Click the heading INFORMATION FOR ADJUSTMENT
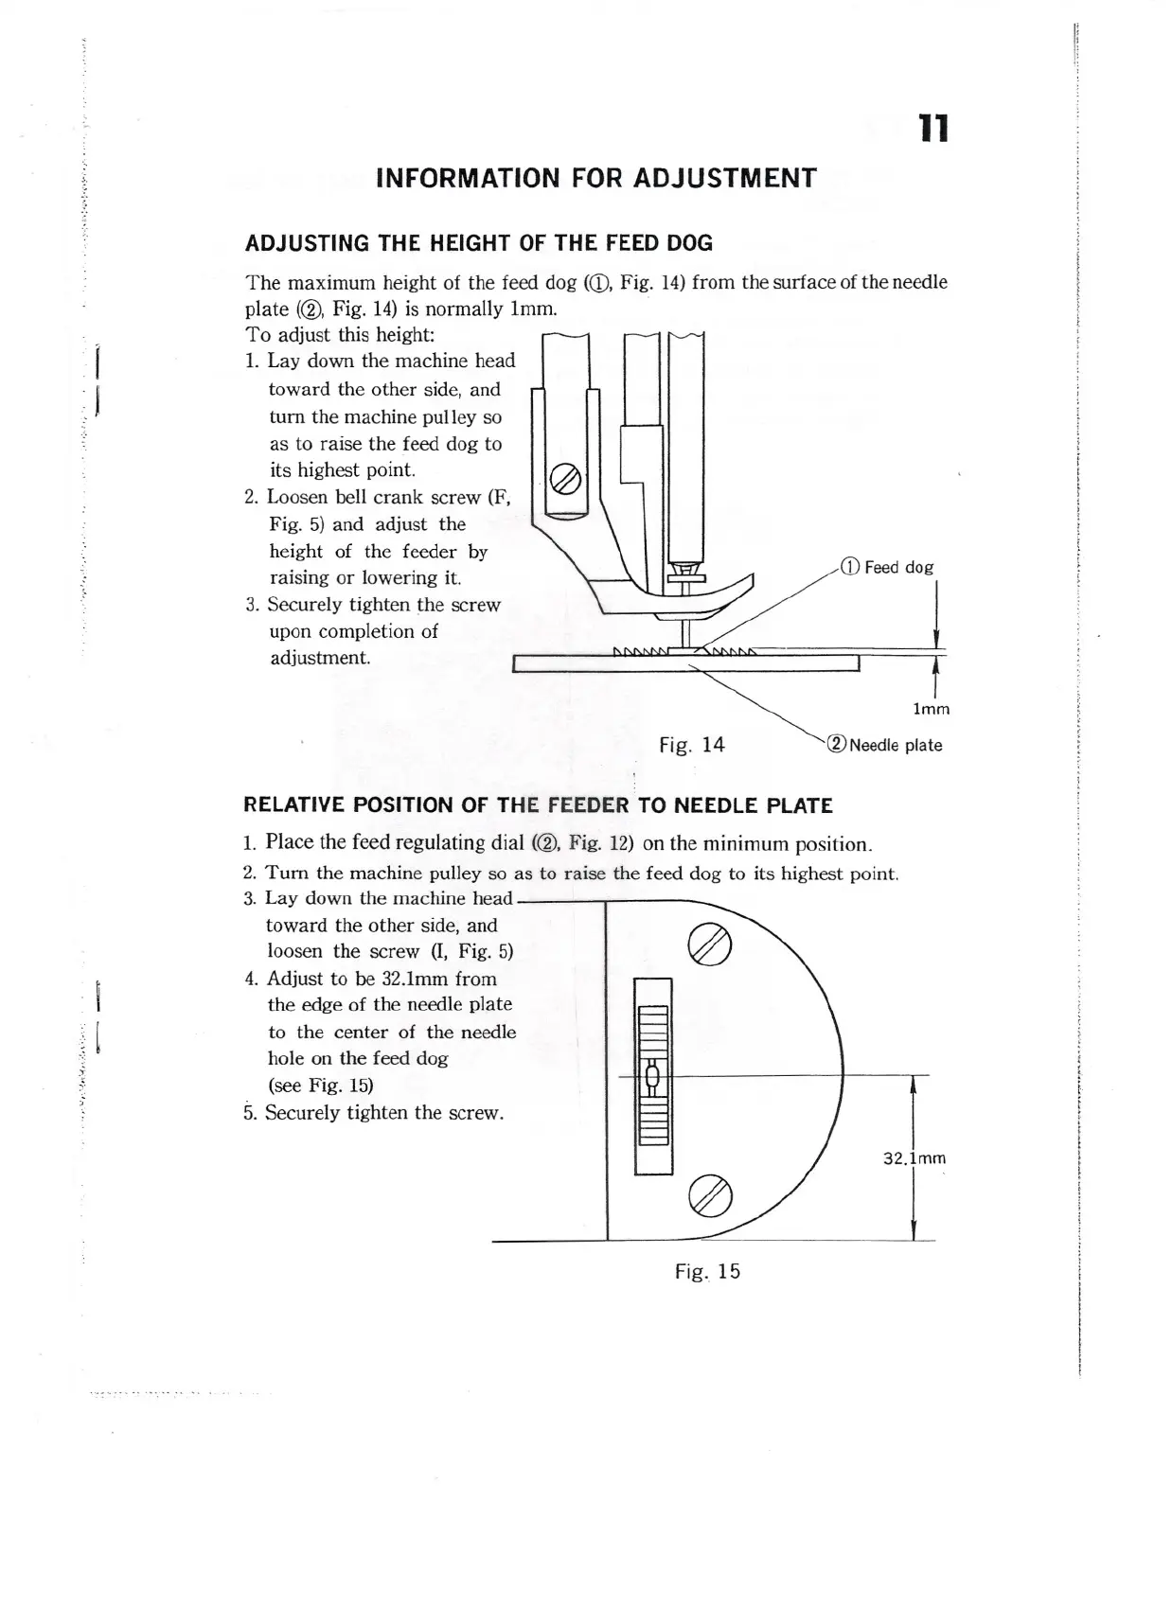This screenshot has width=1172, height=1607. click(595, 178)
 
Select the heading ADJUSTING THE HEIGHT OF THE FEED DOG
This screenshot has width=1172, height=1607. click(479, 243)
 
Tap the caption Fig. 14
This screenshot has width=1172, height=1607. click(692, 745)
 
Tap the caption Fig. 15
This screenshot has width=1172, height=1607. click(707, 1271)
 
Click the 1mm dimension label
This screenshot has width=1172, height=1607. click(931, 709)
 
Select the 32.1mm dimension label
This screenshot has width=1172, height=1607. click(915, 1158)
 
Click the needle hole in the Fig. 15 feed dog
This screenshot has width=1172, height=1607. click(652, 1077)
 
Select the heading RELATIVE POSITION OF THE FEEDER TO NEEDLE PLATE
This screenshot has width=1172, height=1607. click(538, 805)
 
